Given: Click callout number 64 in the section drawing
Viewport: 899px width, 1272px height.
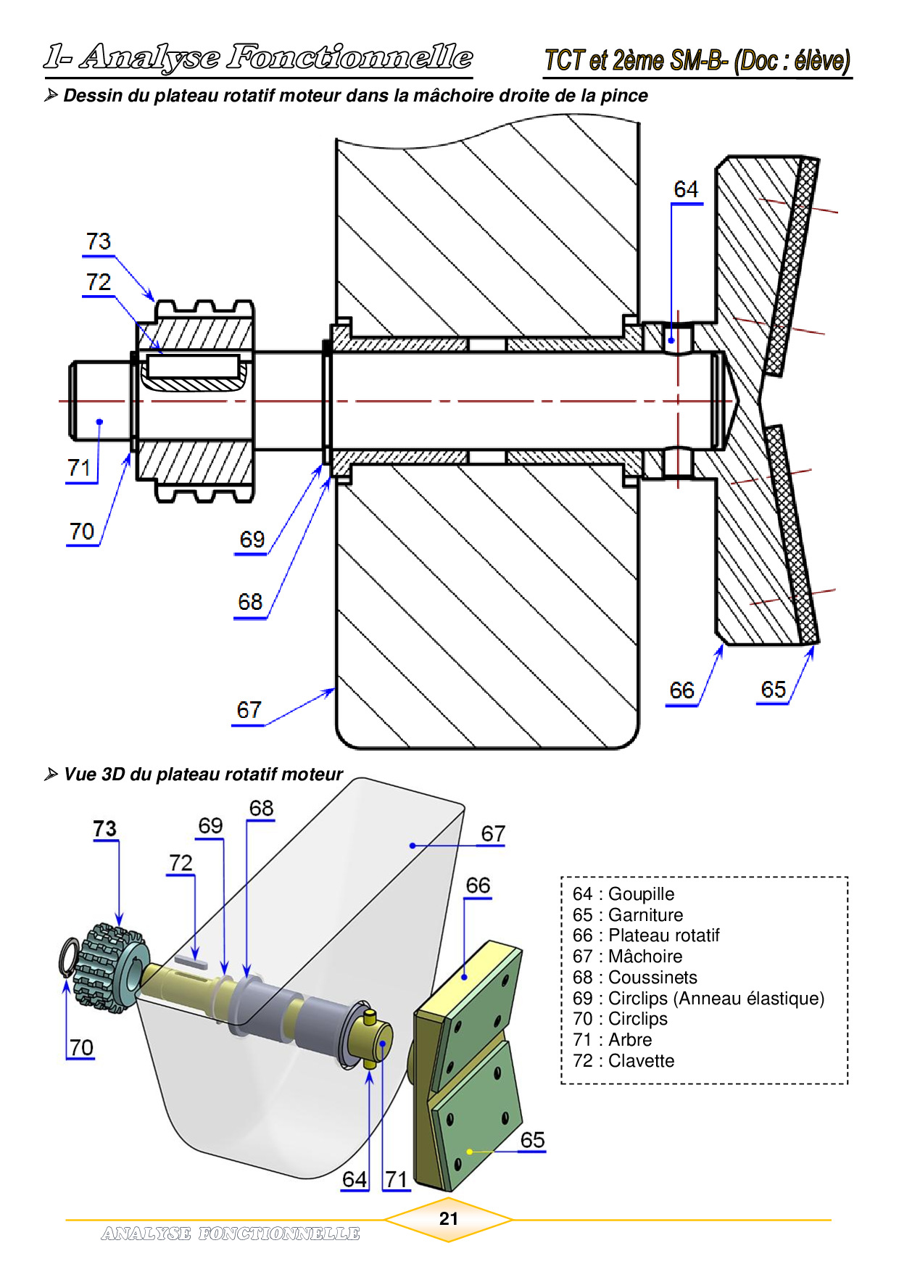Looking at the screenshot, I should (685, 189).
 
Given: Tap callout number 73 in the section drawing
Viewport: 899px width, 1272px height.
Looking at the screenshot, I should (99, 241).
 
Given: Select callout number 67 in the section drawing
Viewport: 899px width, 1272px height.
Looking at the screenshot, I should (249, 710).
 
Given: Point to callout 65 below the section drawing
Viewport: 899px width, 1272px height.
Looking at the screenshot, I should (773, 690).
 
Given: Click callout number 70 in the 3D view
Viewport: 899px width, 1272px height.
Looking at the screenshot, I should (81, 1047).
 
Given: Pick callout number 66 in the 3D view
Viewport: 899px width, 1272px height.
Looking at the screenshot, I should (478, 885).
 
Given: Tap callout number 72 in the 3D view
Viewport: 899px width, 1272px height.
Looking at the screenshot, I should (181, 863).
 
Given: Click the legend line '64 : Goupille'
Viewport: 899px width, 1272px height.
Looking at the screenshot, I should (623, 894).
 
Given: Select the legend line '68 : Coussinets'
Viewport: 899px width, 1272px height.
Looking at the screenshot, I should (634, 978).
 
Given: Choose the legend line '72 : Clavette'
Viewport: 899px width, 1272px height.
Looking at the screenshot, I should (623, 1061).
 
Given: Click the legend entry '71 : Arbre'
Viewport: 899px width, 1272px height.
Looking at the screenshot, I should (612, 1040).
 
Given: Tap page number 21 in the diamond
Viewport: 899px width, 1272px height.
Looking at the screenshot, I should (449, 1219).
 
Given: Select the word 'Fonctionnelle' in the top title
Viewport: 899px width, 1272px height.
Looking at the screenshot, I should (349, 57).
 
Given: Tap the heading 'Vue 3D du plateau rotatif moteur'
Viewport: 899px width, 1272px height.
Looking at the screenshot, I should (203, 775).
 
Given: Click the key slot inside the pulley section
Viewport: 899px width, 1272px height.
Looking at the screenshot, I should (193, 366).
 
